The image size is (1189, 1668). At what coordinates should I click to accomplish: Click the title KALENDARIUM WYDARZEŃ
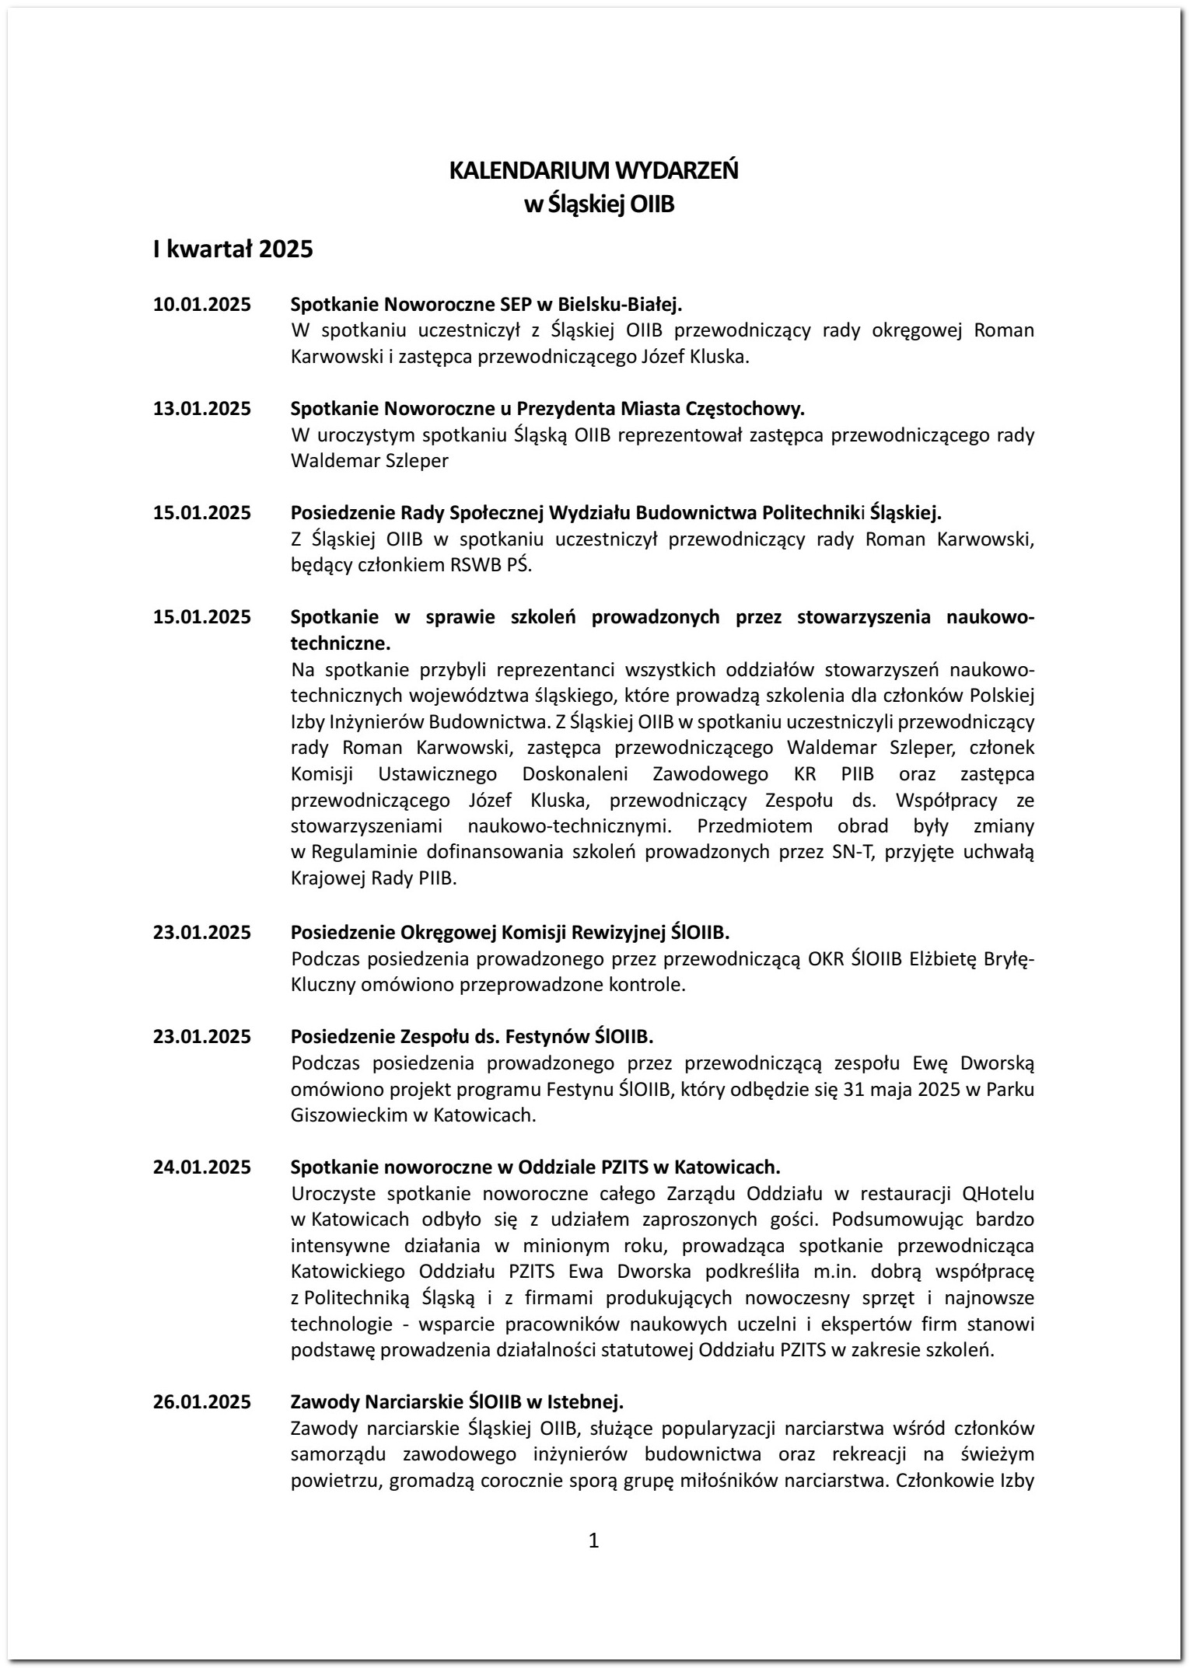tap(593, 170)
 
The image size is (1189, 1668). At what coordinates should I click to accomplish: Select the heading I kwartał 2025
tap(233, 250)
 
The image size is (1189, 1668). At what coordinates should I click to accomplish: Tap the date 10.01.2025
tap(202, 304)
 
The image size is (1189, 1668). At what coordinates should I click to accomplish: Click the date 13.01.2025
tap(202, 408)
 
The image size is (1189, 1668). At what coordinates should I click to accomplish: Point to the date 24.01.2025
tap(202, 1167)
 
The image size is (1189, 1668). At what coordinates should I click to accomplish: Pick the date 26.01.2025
tap(202, 1401)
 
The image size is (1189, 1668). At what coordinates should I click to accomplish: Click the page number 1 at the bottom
tap(594, 1540)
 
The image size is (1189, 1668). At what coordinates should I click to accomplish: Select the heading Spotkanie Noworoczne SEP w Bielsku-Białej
tap(486, 304)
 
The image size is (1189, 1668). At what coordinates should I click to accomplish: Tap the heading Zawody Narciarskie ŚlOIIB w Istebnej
tap(456, 1401)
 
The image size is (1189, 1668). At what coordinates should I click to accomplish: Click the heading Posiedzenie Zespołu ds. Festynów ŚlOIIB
tap(472, 1036)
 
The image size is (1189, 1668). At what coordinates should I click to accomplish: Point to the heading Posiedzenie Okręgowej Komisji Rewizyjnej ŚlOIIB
tap(510, 932)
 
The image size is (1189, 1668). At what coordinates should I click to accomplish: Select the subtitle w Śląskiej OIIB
tap(599, 205)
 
